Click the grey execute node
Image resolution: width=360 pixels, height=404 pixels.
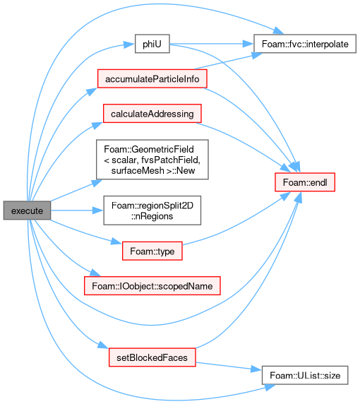(x=27, y=210)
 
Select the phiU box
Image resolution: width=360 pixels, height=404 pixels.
(x=152, y=44)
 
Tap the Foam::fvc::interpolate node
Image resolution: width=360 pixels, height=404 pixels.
(x=305, y=44)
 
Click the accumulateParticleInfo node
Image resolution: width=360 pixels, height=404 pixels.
(x=152, y=78)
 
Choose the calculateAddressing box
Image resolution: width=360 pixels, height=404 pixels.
(x=152, y=114)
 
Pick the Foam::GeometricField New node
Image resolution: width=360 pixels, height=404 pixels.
(x=152, y=160)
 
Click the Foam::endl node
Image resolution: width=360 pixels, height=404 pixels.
(x=305, y=182)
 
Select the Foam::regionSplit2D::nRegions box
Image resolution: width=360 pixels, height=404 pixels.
(x=152, y=210)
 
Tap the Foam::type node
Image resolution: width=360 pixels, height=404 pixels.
(x=152, y=251)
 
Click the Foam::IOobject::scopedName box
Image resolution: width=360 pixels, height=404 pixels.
(x=152, y=286)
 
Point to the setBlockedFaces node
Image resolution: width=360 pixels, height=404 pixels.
(x=152, y=357)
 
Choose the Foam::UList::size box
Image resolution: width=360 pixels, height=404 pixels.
(x=305, y=376)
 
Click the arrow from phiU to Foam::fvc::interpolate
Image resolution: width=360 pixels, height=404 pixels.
(x=212, y=44)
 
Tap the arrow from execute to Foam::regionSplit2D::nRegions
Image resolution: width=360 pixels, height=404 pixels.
(x=77, y=210)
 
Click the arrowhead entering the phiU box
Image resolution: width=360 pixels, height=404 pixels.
(x=129, y=44)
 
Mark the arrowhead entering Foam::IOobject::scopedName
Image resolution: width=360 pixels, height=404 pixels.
(x=95, y=273)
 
